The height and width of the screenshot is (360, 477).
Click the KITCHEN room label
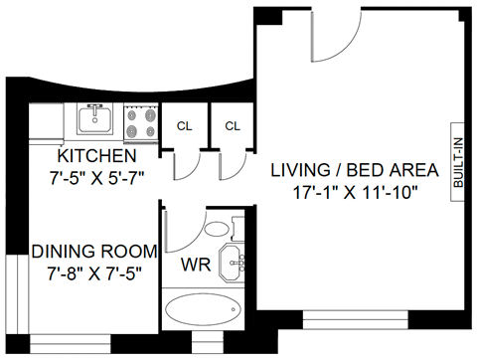point(96,157)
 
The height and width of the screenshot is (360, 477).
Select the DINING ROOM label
point(92,253)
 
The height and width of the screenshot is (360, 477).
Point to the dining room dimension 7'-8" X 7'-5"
point(92,272)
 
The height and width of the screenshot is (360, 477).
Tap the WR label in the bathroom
point(195,266)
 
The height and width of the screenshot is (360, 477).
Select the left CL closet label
point(185,126)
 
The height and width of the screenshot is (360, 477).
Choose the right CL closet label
point(233,126)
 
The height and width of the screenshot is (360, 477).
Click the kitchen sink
point(95,120)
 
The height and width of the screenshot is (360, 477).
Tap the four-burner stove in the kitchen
point(141,121)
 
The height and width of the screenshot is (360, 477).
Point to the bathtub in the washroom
point(203,309)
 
